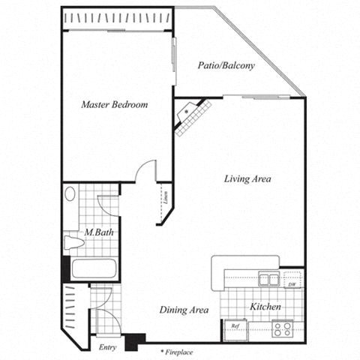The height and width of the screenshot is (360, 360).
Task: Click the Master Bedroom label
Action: (x=115, y=105)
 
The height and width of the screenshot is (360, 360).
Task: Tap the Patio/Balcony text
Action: (x=226, y=65)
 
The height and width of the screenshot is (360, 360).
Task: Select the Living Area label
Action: (x=247, y=178)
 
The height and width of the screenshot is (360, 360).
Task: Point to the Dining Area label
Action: (x=183, y=309)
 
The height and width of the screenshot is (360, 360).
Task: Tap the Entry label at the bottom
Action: (x=108, y=347)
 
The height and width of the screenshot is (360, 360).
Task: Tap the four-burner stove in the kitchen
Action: (x=282, y=328)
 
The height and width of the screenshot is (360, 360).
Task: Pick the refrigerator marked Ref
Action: (x=235, y=328)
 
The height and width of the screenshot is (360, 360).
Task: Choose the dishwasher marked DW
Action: (x=292, y=283)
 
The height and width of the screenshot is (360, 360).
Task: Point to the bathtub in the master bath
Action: (x=91, y=268)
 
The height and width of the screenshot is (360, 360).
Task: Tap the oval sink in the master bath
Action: (x=70, y=195)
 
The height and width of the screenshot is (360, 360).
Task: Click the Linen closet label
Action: (x=164, y=201)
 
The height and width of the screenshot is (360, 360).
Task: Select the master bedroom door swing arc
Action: (x=145, y=170)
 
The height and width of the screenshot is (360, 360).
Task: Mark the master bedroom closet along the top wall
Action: (x=118, y=18)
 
